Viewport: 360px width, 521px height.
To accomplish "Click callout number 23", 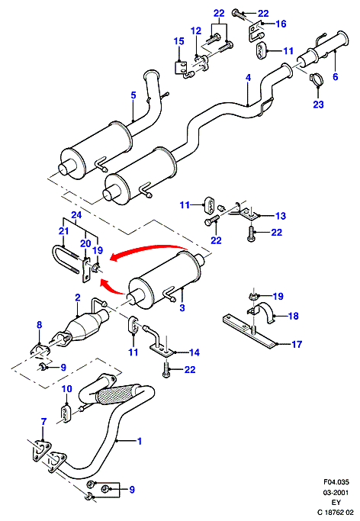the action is tap(318, 105).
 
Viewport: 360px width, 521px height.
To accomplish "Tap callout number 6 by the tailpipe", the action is tap(335, 77).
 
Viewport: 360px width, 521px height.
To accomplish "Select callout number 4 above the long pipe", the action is tap(248, 78).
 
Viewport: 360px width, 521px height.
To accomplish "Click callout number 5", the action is tap(133, 95).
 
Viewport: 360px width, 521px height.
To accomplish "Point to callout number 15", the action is tap(178, 41).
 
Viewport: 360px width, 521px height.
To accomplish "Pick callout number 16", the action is tap(281, 24).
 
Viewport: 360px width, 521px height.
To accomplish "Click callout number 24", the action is tap(76, 215).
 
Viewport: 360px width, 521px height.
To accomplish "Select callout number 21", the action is tap(64, 230).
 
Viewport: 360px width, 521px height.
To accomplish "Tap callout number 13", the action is tap(281, 216).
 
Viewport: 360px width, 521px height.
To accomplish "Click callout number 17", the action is tap(297, 344).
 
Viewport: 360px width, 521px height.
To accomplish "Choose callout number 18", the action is tap(293, 316).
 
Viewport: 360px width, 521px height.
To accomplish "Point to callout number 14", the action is tap(194, 352).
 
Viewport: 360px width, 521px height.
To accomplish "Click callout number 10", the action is tap(67, 388).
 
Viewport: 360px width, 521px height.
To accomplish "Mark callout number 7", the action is tap(43, 422).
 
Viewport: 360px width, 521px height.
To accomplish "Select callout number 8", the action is tap(39, 325).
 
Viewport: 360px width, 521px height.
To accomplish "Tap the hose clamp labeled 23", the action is tap(317, 79).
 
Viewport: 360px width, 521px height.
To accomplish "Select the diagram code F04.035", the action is tap(336, 481).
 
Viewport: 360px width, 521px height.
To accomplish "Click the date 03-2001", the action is tap(336, 493).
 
